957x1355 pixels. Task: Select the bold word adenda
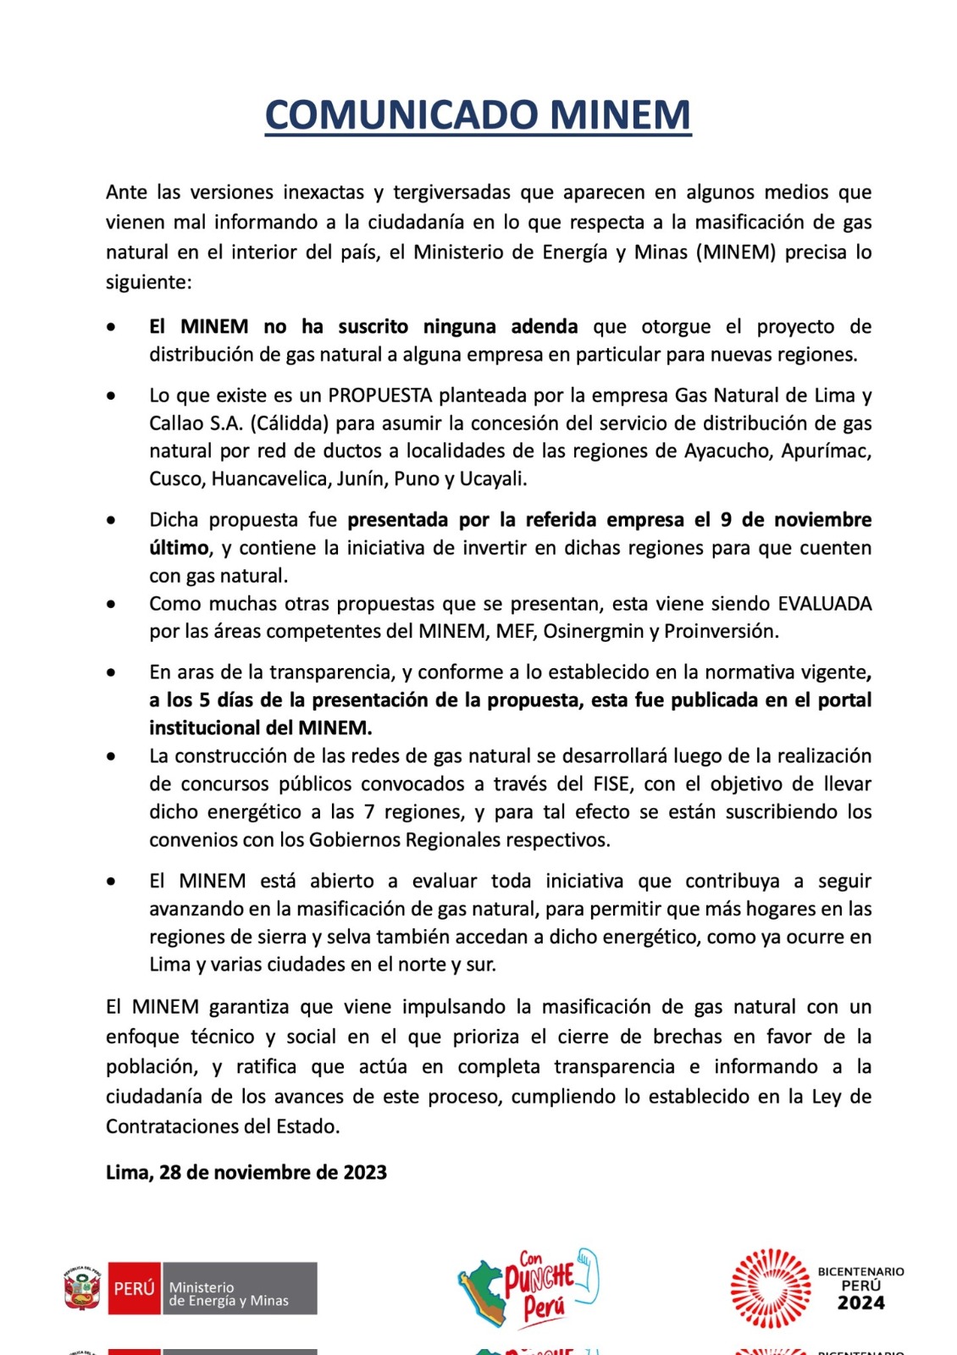click(x=545, y=327)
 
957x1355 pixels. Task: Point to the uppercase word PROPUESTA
click(x=380, y=395)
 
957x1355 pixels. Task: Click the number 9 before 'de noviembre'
click(x=726, y=520)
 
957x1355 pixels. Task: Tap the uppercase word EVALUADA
click(x=824, y=604)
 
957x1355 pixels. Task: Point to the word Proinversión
click(x=721, y=632)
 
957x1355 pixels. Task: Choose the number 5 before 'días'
click(x=204, y=700)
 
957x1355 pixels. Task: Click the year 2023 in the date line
click(x=365, y=1173)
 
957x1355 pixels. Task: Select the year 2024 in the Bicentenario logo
click(x=860, y=1303)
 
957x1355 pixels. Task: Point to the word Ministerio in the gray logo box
click(x=202, y=1287)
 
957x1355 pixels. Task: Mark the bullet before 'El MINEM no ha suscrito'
click(x=112, y=327)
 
